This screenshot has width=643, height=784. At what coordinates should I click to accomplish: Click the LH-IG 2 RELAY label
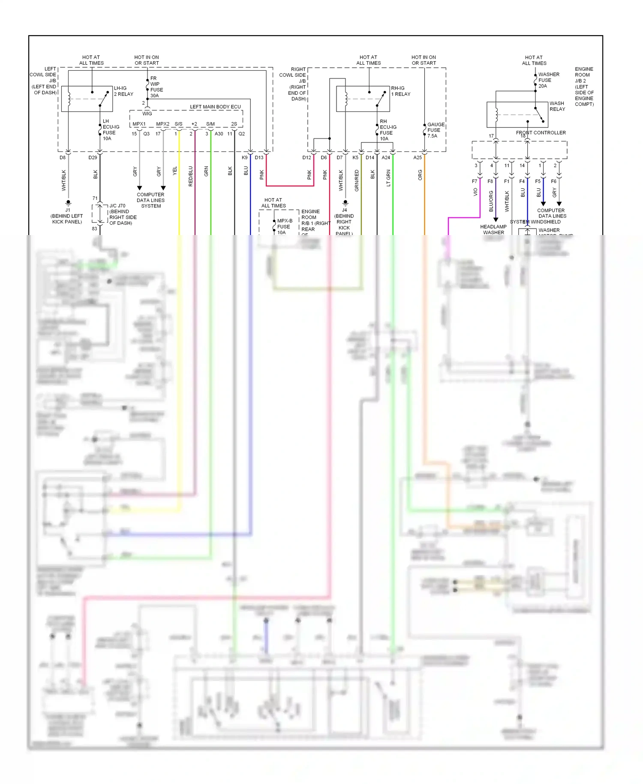[123, 91]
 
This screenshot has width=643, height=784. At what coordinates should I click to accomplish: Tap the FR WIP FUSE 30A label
[156, 87]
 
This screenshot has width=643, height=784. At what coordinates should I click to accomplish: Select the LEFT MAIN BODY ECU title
[215, 107]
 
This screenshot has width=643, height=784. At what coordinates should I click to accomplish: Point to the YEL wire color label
[174, 171]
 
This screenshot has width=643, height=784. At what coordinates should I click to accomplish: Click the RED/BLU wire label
[190, 176]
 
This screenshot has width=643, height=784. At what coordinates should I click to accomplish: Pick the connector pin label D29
[93, 157]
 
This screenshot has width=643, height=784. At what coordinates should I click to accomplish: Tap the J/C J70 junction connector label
[122, 214]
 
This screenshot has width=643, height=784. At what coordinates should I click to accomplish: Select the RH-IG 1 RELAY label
[400, 91]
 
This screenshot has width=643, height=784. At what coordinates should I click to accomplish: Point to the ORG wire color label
[420, 175]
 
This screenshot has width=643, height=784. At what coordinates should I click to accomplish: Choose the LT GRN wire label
[388, 178]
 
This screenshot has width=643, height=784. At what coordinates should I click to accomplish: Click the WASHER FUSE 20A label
[547, 80]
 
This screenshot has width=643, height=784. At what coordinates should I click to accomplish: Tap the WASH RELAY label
[557, 106]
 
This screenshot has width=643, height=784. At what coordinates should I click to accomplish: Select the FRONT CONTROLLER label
[541, 133]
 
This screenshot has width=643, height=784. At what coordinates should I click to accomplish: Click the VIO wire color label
[475, 192]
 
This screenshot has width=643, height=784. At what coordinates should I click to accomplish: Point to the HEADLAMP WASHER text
[493, 229]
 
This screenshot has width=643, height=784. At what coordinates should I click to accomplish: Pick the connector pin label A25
[417, 157]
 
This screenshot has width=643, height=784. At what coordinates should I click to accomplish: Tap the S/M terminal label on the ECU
[210, 124]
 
